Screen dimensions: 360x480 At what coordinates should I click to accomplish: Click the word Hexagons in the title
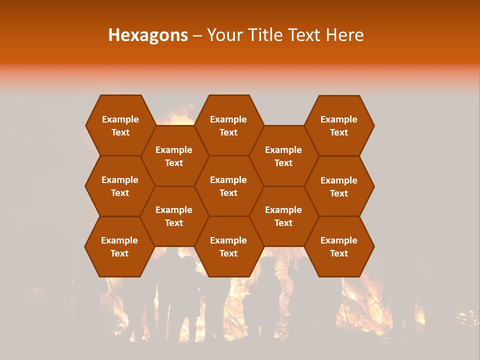tap(148, 35)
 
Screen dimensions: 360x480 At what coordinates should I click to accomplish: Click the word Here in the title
tap(344, 35)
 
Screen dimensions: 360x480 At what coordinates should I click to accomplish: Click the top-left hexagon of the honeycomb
tap(120, 125)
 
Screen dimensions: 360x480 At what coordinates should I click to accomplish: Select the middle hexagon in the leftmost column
tap(120, 186)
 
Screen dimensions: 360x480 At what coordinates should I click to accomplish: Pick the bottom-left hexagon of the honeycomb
tap(119, 246)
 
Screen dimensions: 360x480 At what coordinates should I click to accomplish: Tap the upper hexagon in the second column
tap(174, 156)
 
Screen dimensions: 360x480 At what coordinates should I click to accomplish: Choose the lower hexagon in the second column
tap(174, 216)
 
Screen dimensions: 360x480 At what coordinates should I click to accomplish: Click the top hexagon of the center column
tap(228, 125)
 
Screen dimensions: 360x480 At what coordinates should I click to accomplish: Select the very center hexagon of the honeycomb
tap(228, 186)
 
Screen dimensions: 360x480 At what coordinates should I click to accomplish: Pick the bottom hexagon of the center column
tap(228, 246)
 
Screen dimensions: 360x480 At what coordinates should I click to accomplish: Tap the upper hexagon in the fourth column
tap(283, 156)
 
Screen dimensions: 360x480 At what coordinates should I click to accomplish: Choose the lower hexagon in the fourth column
tap(283, 216)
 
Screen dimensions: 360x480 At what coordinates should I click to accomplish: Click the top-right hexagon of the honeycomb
tap(339, 125)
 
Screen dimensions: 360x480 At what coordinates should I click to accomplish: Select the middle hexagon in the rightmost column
tap(339, 186)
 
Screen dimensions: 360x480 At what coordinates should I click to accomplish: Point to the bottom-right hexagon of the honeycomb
tap(339, 246)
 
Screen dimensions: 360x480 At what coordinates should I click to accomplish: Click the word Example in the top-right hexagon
tap(339, 119)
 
